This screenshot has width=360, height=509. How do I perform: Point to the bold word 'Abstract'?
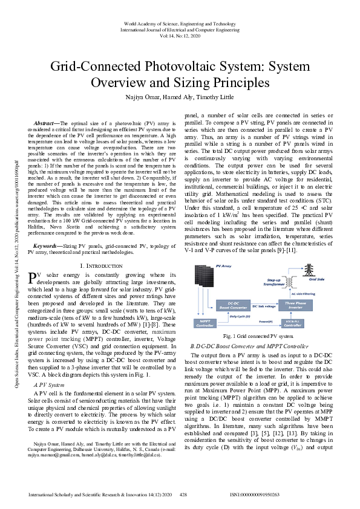47,123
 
